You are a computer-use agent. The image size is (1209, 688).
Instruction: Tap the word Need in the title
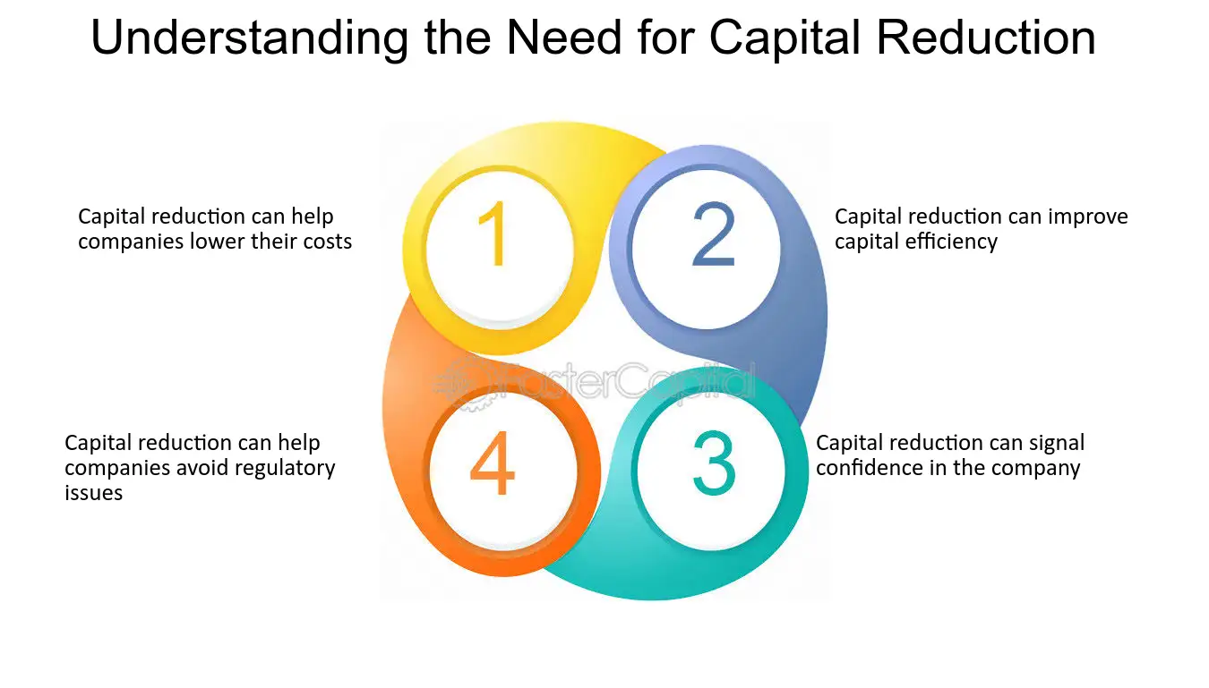point(564,38)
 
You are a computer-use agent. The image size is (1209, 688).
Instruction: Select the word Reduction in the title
point(985,38)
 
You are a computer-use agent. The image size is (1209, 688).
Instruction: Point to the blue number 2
point(714,234)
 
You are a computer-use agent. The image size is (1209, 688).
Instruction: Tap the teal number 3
point(714,463)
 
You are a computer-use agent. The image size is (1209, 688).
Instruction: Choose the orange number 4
point(492,463)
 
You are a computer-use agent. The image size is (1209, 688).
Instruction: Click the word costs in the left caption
point(328,242)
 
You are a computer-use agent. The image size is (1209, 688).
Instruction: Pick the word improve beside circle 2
point(1088,217)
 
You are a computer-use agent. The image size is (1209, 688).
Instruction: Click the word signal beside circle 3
point(1057,443)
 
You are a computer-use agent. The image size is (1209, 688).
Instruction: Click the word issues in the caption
point(94,492)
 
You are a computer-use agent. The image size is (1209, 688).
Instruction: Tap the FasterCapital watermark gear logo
point(462,384)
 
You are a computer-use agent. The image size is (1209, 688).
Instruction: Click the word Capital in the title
point(785,38)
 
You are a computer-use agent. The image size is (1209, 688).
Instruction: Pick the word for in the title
point(665,38)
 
